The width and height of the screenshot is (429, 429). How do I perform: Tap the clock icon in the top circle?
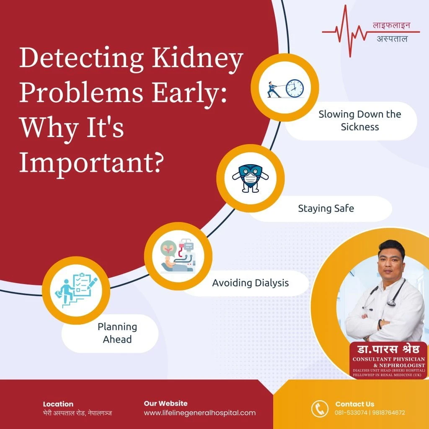294,88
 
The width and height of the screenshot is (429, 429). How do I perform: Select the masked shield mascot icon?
250,178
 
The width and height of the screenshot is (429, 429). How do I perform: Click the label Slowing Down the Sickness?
359,120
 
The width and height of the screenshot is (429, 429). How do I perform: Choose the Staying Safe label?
326,208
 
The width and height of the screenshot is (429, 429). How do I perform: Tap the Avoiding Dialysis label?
250,283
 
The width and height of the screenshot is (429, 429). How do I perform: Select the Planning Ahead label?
117,333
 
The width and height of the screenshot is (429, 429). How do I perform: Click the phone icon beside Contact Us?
320,408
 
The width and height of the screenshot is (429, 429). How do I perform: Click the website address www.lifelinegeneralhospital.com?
199,413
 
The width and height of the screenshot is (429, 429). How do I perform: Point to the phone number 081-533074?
351,413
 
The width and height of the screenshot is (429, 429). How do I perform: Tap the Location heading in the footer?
58,404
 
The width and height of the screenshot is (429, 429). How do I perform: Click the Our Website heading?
165,403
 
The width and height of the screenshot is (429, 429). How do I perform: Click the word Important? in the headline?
90,161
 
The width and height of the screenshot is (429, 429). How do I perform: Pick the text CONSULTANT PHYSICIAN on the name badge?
388,359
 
